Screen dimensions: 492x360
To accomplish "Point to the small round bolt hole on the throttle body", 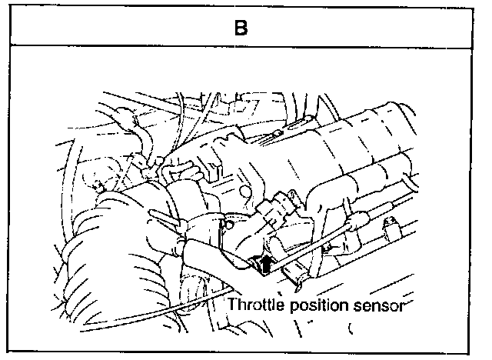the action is (x=228, y=225).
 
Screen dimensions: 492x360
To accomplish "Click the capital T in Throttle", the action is (x=232, y=305).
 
